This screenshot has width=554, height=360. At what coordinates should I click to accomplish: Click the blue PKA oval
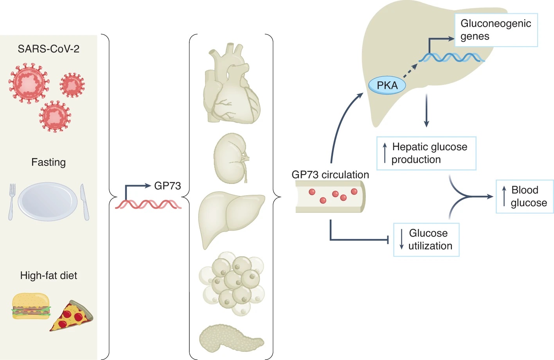coord(387,85)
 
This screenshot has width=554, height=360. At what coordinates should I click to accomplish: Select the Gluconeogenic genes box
coord(496,30)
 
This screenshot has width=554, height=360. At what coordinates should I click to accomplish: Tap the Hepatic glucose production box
coord(426,153)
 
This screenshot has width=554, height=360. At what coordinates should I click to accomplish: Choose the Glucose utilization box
coord(426,239)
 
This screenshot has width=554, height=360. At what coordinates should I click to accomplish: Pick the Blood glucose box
coord(525,196)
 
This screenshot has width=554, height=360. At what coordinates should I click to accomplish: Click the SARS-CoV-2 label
coord(49,49)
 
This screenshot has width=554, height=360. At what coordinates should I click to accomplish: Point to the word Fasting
coord(49,162)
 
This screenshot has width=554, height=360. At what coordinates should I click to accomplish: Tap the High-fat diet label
coord(49,275)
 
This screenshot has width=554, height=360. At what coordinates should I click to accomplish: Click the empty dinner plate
coord(48,202)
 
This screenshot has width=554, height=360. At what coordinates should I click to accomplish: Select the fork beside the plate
coord(12,202)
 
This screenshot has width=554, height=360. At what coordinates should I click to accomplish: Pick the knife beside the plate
coord(85,202)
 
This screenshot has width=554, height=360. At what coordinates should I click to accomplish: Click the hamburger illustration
coord(31,306)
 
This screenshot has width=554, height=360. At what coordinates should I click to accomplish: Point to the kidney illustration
coord(231,158)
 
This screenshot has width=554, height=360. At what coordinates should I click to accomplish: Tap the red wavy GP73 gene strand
coord(148,204)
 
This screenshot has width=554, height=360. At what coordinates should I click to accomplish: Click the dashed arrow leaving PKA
coord(410,71)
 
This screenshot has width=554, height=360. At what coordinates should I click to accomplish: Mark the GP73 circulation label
coord(330,175)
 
